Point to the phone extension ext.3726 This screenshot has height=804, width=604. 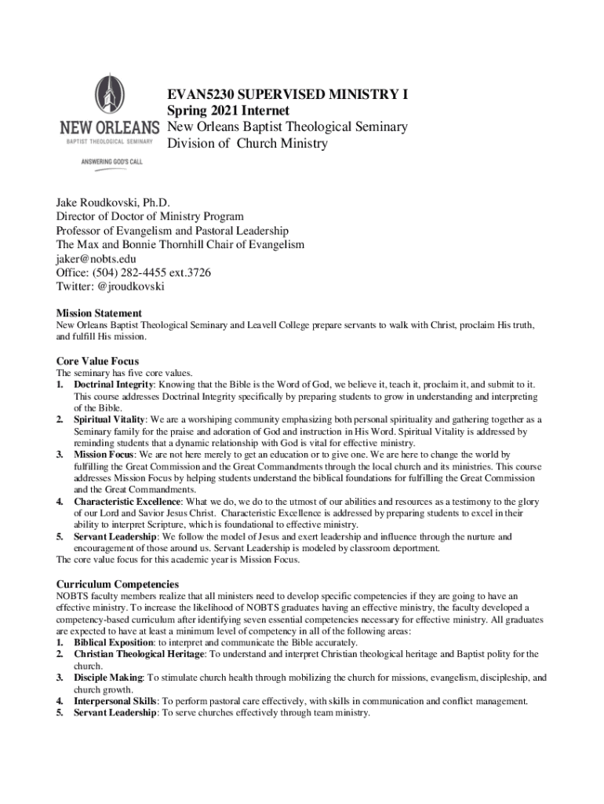187,273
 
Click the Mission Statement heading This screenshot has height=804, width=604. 99,312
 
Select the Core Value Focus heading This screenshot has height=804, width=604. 97,361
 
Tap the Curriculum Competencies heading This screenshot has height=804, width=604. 118,584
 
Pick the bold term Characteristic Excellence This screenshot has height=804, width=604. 128,502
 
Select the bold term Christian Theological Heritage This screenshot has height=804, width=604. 140,654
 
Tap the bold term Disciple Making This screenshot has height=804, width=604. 108,678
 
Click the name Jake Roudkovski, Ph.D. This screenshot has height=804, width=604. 112,203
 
